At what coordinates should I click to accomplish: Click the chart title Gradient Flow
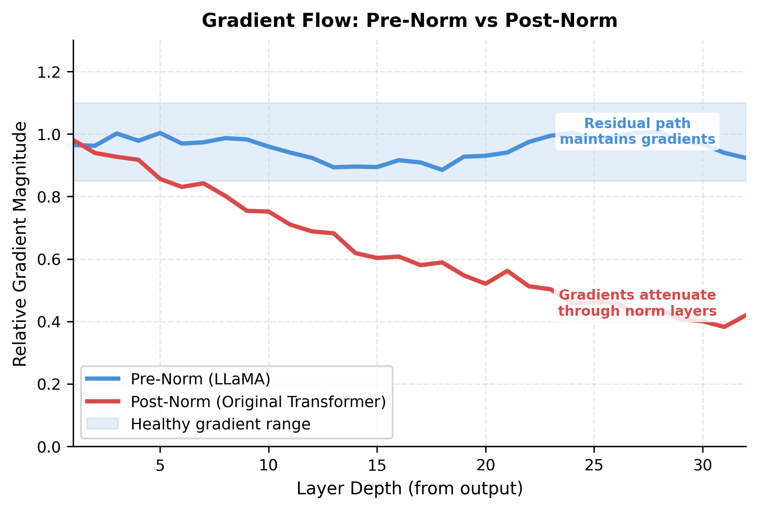point(409,21)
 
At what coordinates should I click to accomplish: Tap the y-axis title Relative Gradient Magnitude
point(20,244)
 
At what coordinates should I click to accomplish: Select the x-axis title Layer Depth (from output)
point(410,489)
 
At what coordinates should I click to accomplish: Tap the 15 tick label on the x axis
point(377,466)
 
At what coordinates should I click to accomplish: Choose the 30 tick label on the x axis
point(703,466)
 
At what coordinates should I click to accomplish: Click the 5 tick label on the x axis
point(160,466)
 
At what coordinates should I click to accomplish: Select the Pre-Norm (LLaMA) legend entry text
point(200,379)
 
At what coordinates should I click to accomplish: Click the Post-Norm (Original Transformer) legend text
point(258,402)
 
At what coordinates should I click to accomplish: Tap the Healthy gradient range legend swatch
point(102,424)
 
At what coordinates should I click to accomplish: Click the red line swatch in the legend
point(102,402)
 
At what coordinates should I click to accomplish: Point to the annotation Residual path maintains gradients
point(637,131)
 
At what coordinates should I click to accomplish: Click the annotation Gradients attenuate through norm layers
point(637,303)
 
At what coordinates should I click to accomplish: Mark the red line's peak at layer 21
point(507,271)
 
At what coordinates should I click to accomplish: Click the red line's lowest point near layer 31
point(724,326)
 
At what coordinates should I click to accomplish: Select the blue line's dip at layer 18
point(442,170)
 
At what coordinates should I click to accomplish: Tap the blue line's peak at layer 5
point(160,133)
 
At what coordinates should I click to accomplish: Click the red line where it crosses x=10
point(269,212)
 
